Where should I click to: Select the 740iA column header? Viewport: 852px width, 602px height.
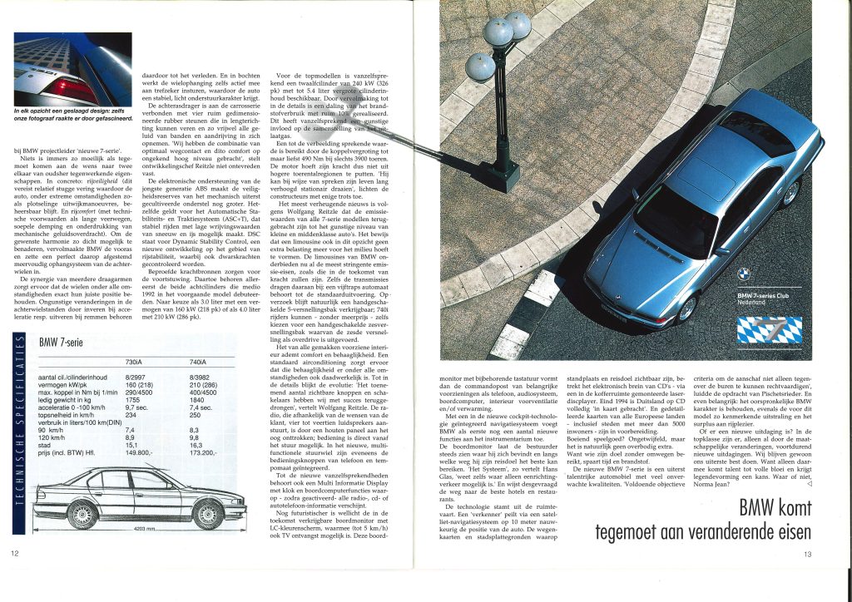pyautogui.click(x=199, y=363)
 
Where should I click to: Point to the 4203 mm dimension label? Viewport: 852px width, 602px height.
pyautogui.click(x=146, y=529)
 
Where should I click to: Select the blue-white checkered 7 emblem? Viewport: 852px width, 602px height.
pyautogui.click(x=770, y=333)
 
